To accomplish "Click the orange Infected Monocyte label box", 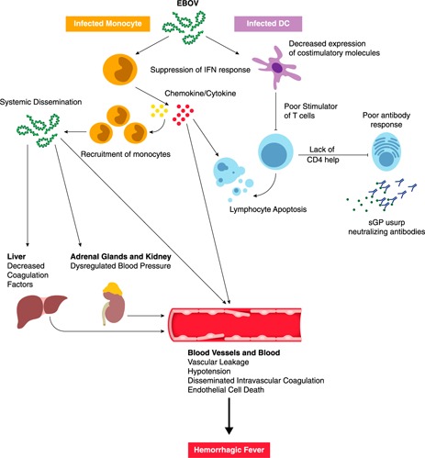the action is pyautogui.click(x=107, y=24).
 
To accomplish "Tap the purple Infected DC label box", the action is pyautogui.click(x=268, y=24).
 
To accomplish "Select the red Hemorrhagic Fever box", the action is pyautogui.click(x=229, y=450).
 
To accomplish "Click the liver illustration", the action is pyautogui.click(x=41, y=311).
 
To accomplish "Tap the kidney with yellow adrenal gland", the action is pyautogui.click(x=114, y=303).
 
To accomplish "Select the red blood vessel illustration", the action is pyautogui.click(x=235, y=325).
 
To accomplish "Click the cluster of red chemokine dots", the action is pyautogui.click(x=183, y=115).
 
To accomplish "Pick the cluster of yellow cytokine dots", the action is pyautogui.click(x=159, y=111).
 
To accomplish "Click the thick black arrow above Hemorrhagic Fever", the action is pyautogui.click(x=229, y=416).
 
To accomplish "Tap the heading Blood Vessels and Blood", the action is pyautogui.click(x=234, y=352).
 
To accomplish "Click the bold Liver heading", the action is pyautogui.click(x=17, y=256).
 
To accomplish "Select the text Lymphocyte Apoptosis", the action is pyautogui.click(x=268, y=209).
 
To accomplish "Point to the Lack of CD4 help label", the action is pyautogui.click(x=322, y=154).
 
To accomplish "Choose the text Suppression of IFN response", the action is pyautogui.click(x=200, y=70).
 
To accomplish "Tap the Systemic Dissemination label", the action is pyautogui.click(x=40, y=102).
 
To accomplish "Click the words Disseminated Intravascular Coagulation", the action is pyautogui.click(x=256, y=381).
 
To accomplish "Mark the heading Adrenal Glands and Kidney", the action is pyautogui.click(x=120, y=256).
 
